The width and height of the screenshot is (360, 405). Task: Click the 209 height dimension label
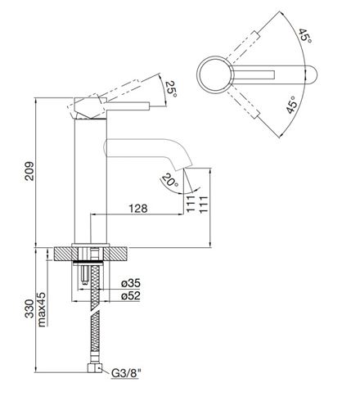pos(29,171)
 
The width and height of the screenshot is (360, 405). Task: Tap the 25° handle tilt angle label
pos(172,88)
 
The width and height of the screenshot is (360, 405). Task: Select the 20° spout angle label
pos(169,181)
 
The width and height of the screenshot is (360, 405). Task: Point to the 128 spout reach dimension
pos(138,209)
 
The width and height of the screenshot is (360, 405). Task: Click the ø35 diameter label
pos(131,283)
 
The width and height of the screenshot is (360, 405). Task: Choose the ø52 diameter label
pos(131,295)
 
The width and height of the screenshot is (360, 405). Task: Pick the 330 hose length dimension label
pos(29,308)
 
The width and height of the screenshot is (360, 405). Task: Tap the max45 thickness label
pos(42,309)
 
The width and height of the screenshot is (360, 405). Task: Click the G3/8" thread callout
pos(126,373)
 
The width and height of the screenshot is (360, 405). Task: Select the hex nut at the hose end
pos(95,368)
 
